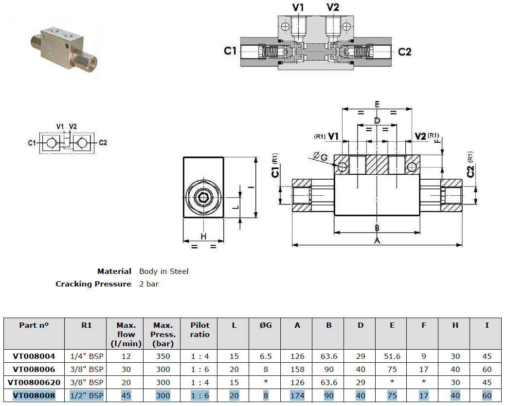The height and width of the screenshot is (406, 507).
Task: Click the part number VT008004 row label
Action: click(34, 356)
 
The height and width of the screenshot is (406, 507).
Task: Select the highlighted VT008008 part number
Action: click(34, 395)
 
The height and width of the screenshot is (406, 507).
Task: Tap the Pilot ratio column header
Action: click(200, 330)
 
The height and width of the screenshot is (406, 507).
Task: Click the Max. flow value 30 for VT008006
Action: click(126, 369)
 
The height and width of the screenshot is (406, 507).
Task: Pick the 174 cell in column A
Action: click(297, 395)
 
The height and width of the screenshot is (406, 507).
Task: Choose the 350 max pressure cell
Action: click(163, 356)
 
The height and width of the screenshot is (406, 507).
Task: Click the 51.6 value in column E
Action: click(392, 356)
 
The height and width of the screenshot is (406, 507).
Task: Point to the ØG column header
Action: click(266, 325)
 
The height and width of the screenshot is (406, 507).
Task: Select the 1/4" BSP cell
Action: click(87, 356)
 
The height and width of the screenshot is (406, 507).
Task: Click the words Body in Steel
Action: click(163, 271)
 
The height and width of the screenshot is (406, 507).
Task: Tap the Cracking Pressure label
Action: click(93, 284)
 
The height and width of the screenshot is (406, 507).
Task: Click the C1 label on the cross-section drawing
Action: click(230, 51)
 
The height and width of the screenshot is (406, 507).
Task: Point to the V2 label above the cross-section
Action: click(332, 7)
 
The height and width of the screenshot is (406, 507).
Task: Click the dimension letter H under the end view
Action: click(203, 237)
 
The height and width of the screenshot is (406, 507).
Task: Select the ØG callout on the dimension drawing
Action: click(321, 156)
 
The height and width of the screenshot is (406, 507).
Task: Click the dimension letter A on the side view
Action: click(377, 240)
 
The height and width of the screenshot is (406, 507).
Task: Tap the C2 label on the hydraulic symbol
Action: click(103, 143)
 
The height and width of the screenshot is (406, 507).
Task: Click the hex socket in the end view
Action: click(203, 197)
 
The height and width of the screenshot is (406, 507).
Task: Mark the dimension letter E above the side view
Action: click(377, 104)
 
